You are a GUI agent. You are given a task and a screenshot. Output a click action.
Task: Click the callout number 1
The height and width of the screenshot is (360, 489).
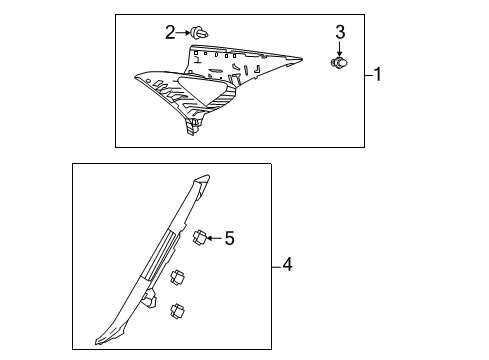click(379, 75)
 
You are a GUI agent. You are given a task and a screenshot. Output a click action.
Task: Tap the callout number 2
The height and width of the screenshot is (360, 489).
click(170, 32)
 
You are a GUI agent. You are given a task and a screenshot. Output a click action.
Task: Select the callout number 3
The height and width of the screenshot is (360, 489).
click(339, 33)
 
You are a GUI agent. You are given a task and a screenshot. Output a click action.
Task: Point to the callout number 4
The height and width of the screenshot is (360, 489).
click(287, 265)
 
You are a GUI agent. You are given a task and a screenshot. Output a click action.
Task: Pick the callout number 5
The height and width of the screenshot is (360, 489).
click(229, 238)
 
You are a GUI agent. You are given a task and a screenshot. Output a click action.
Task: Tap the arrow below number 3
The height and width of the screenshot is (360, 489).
click(339, 50)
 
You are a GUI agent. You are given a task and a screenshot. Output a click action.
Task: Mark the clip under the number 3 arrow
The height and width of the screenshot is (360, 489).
click(339, 64)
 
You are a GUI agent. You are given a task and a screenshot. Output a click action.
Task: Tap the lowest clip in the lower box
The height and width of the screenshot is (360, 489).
click(180, 310)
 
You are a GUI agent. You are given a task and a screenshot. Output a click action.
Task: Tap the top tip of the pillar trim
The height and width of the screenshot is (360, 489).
click(204, 181)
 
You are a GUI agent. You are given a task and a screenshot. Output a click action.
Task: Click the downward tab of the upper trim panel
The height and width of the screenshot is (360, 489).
click(189, 126)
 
